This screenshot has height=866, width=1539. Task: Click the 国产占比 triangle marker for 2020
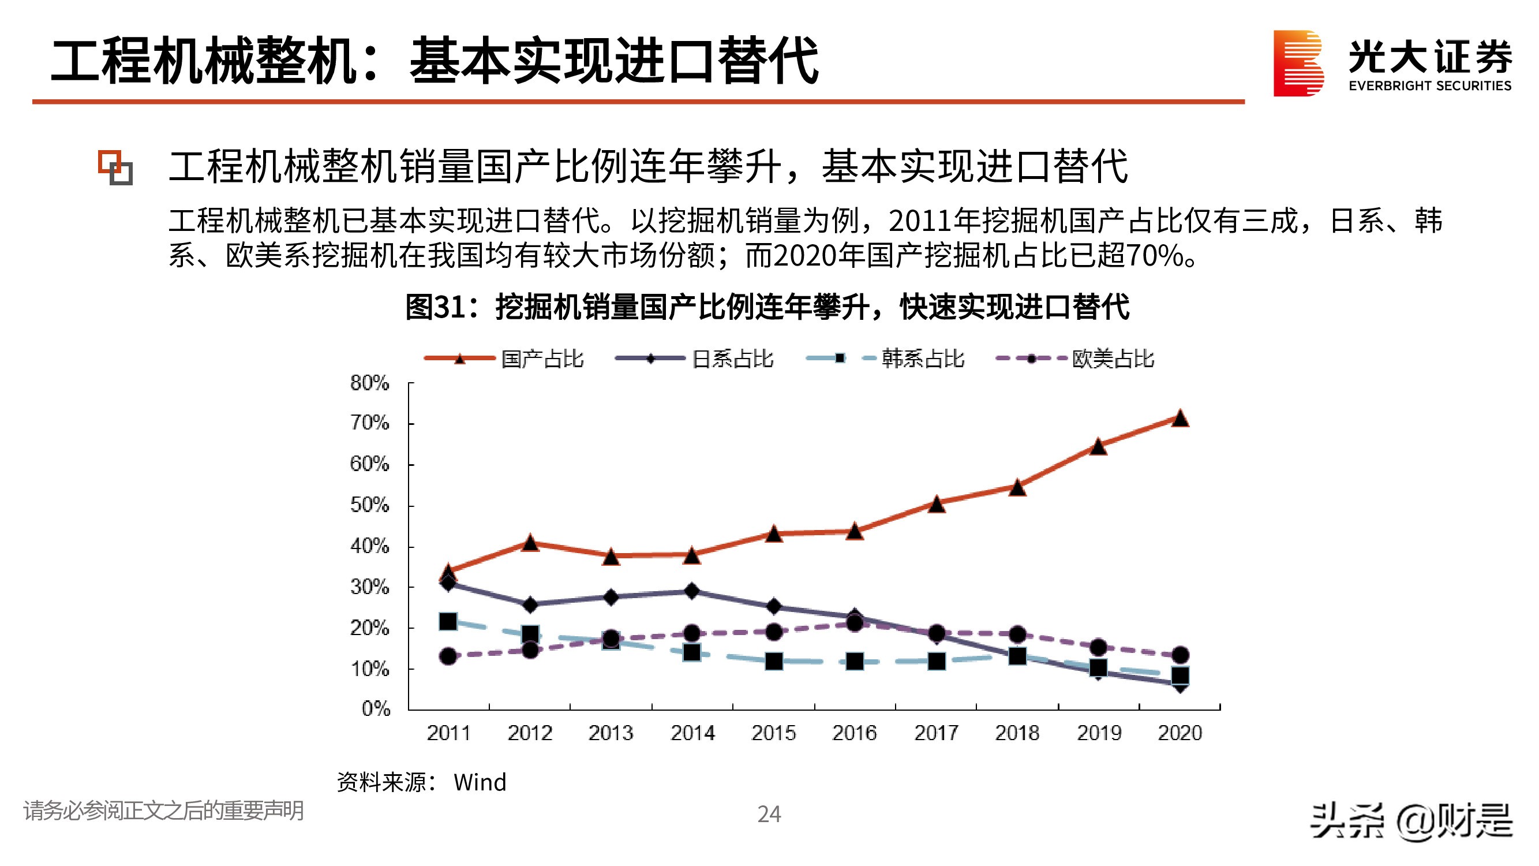tap(1179, 419)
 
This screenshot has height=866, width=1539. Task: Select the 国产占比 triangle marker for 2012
tap(530, 543)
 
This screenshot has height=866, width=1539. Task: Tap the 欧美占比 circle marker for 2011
tap(448, 656)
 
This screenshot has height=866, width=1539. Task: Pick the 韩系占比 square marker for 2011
tap(448, 622)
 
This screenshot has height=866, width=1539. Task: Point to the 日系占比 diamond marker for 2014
tap(692, 591)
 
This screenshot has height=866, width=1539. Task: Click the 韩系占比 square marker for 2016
tap(855, 662)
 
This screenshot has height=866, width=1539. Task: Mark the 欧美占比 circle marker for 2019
tap(1098, 647)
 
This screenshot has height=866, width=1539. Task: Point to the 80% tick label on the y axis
tap(369, 383)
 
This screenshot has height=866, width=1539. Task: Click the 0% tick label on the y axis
tap(376, 709)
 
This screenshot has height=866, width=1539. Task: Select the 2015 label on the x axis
tap(774, 733)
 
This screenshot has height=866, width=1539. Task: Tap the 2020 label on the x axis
tap(1180, 733)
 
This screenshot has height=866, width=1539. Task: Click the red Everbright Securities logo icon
tap(1298, 64)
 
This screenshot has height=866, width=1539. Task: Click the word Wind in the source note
tap(480, 782)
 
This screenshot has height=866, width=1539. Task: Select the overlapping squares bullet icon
tap(115, 167)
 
